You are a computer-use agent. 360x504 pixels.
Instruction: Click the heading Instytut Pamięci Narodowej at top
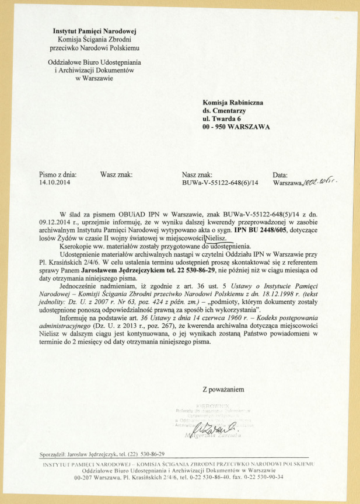pos(94,31)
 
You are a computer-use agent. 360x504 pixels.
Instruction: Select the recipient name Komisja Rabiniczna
pos(233,103)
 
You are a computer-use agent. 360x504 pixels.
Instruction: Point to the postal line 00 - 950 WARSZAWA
pos(236,127)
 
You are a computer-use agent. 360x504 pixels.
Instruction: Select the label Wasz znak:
pos(117,174)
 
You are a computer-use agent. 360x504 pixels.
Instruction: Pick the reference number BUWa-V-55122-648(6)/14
pos(221,182)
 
